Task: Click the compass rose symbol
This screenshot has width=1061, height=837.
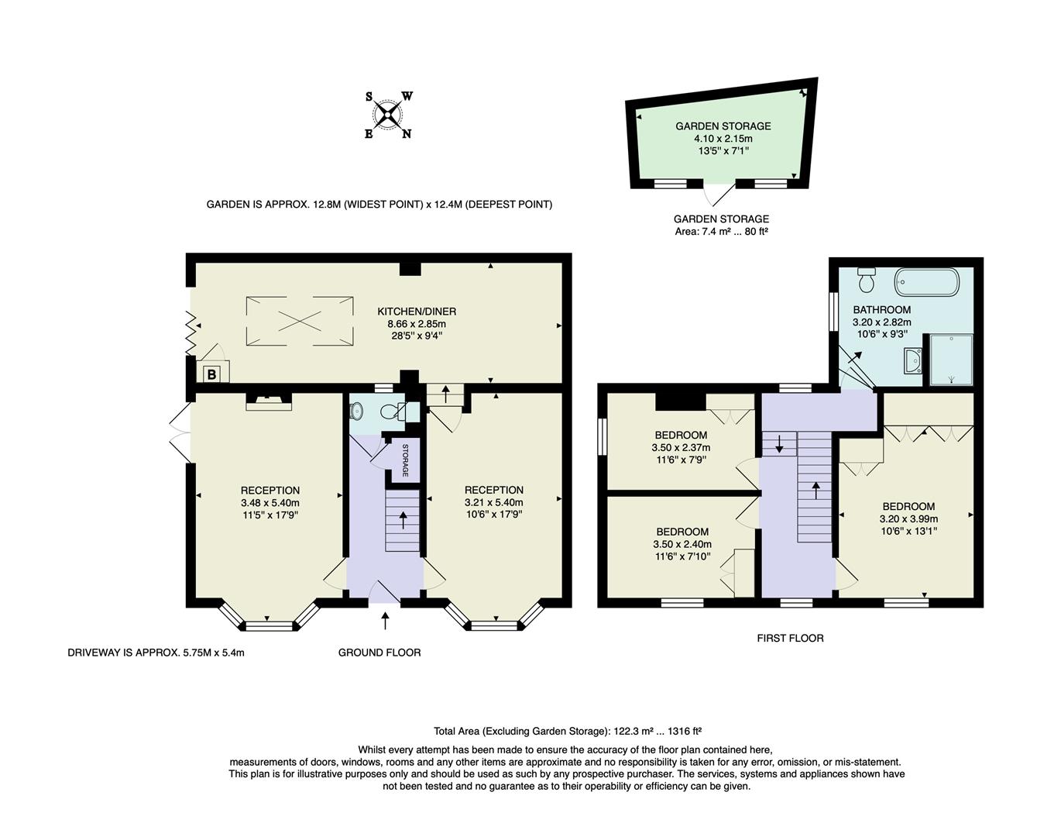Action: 388,115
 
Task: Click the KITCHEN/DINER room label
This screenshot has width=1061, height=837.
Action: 417,312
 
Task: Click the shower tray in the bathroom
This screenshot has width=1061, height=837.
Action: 949,360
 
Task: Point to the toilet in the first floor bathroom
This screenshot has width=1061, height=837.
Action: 867,277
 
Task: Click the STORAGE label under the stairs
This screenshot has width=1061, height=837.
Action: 404,461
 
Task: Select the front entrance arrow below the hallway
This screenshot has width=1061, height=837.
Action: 386,621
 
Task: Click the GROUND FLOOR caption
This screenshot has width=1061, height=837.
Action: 379,653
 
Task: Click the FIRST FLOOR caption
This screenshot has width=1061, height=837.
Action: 790,638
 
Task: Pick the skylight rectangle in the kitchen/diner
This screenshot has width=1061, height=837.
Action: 300,321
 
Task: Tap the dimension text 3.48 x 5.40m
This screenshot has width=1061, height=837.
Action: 270,502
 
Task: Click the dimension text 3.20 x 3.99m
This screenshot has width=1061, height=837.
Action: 908,519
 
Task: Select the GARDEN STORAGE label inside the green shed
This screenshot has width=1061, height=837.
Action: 723,126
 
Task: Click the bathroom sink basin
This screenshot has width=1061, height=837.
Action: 913,360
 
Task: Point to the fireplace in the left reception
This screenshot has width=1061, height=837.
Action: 269,400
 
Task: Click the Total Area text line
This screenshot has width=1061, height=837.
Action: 567,731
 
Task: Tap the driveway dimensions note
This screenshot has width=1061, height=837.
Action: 156,653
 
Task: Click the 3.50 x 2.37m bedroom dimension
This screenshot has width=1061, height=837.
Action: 681,447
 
